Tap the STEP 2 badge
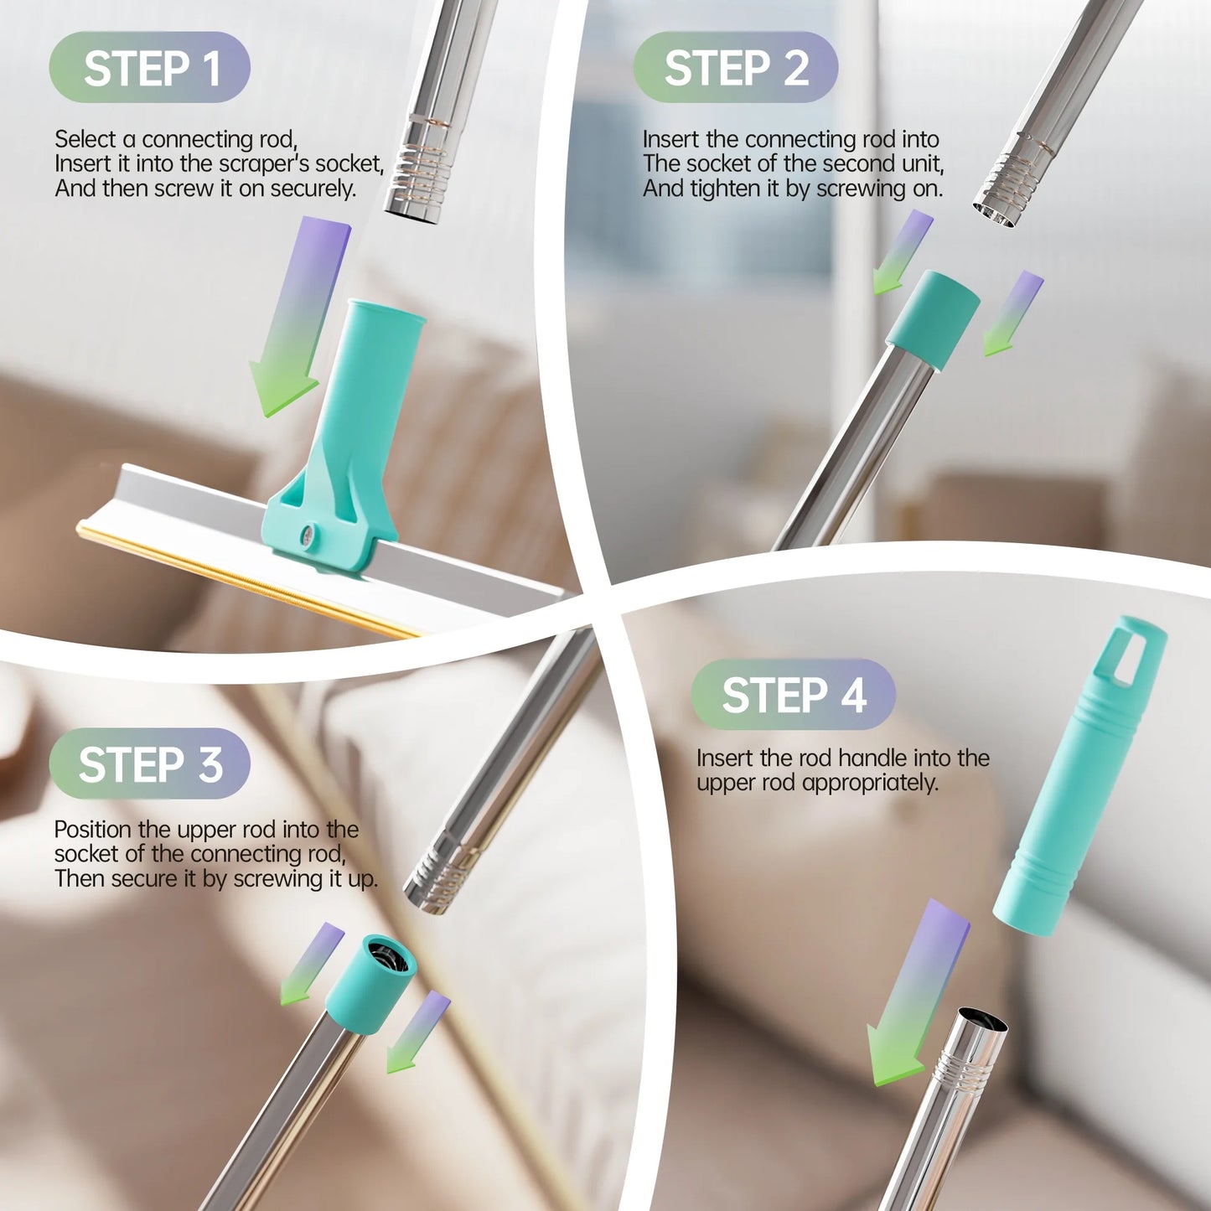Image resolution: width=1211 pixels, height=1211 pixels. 735,68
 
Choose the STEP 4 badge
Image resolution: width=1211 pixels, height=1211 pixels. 793,696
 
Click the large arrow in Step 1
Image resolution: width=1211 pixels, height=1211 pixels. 298,318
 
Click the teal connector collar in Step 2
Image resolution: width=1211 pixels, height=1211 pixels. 932,319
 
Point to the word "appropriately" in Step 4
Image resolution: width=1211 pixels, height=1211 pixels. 869,783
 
